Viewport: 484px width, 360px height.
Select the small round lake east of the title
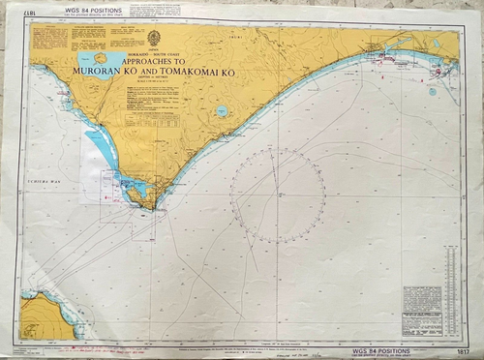coord(223,110)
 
